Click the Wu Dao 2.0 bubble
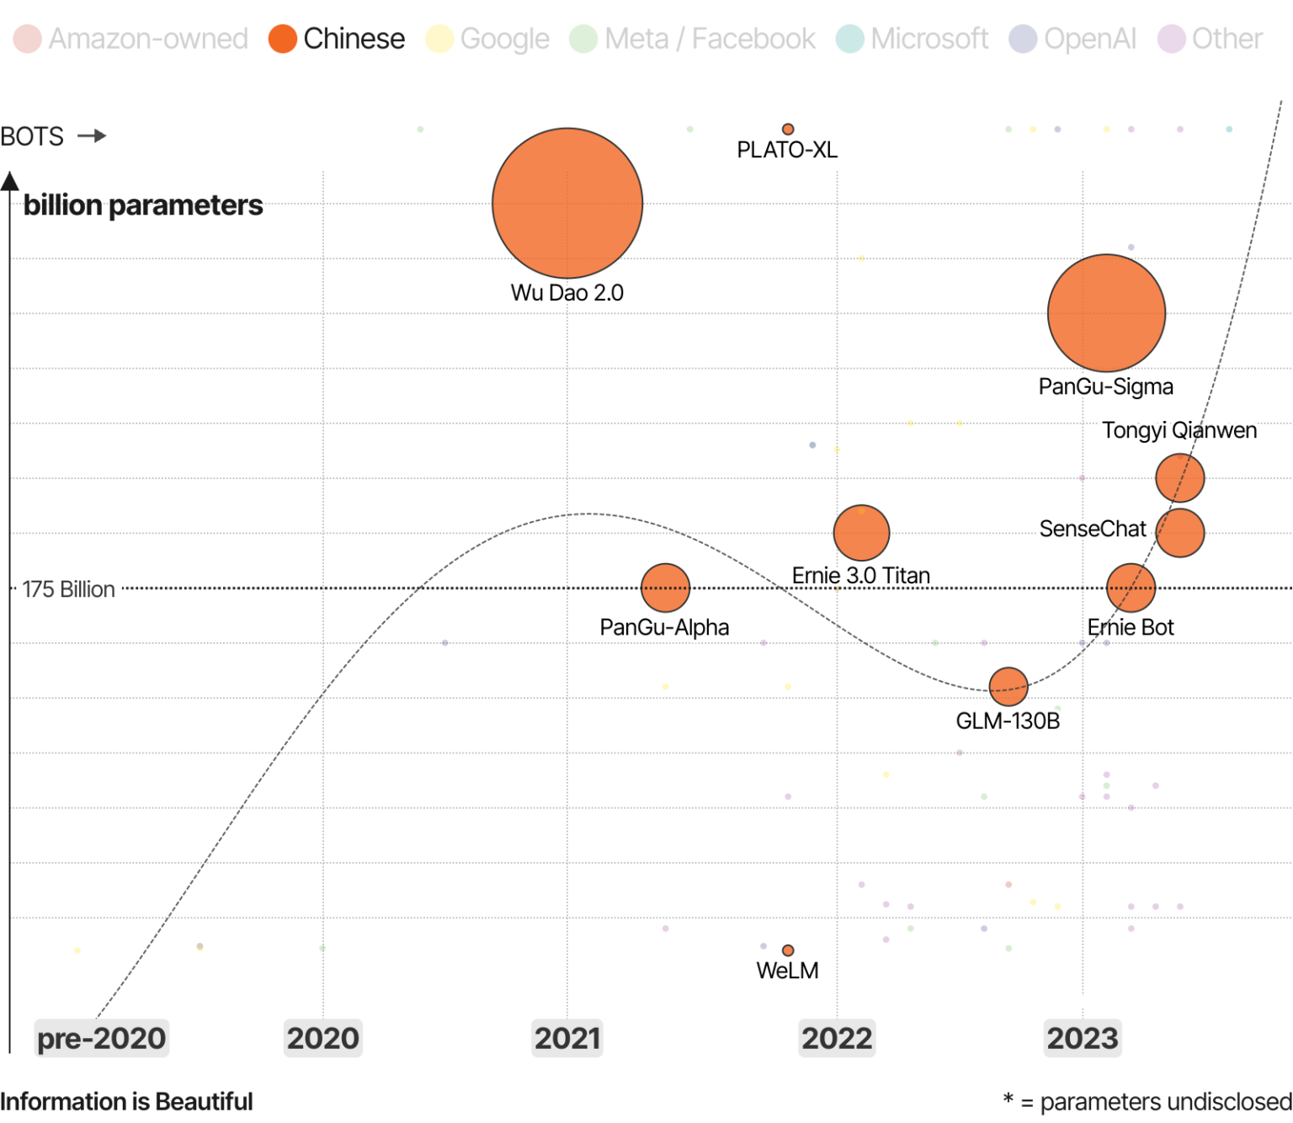(567, 203)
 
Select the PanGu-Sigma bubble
(1106, 313)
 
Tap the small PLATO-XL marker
(788, 129)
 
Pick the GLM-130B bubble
(1008, 687)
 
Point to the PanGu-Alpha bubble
(665, 588)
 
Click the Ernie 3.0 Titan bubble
(861, 533)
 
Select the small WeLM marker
(788, 950)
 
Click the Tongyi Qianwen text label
(1179, 430)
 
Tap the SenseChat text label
(1092, 529)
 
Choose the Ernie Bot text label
(1130, 627)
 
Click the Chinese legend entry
(337, 39)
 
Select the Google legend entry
(488, 39)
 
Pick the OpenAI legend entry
(1073, 39)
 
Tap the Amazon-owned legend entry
(131, 39)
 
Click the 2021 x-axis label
(567, 1038)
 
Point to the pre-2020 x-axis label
(101, 1038)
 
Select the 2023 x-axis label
(1083, 1038)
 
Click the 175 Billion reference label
(68, 589)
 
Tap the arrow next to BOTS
(92, 136)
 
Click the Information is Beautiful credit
(126, 1101)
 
